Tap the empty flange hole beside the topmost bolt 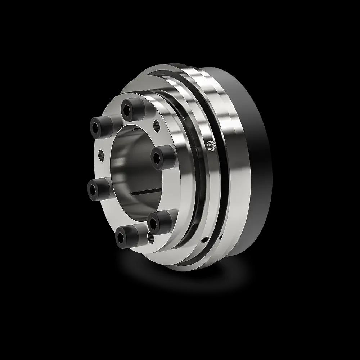coord(157,126)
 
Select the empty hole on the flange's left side coord(101,155)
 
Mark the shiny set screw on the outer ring coord(211,145)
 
